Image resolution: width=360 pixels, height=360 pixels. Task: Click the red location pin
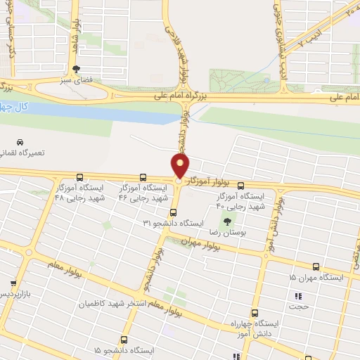tap(181, 166)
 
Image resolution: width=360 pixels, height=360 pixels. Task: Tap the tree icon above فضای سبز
tap(76, 69)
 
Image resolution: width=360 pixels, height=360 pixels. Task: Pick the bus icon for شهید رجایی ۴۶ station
tap(143, 177)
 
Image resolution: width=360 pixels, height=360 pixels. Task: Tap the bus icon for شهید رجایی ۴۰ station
tap(241, 186)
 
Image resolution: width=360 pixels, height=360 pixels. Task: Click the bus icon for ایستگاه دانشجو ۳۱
tap(174, 212)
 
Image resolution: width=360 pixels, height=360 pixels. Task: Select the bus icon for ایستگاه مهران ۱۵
tap(316, 266)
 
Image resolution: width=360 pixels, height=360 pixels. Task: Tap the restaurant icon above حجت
tap(297, 296)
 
